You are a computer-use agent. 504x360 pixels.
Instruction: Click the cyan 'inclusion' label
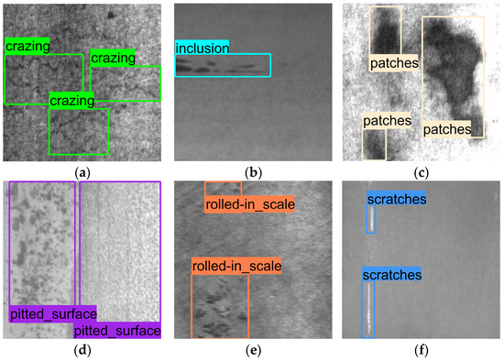203,47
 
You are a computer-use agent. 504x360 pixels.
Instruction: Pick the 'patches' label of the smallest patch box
387,121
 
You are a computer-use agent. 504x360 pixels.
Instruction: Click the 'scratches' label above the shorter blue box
396,198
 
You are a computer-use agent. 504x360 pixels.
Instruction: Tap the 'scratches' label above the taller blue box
391,274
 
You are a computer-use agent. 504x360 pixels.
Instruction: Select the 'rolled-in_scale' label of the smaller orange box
249,204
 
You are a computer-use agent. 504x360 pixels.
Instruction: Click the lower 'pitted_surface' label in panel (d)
116,330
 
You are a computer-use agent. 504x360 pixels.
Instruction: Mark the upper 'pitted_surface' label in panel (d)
53,314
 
